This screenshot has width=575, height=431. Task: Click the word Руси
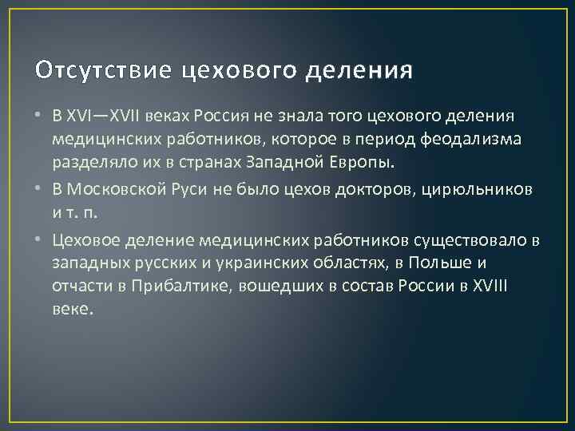point(186,190)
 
